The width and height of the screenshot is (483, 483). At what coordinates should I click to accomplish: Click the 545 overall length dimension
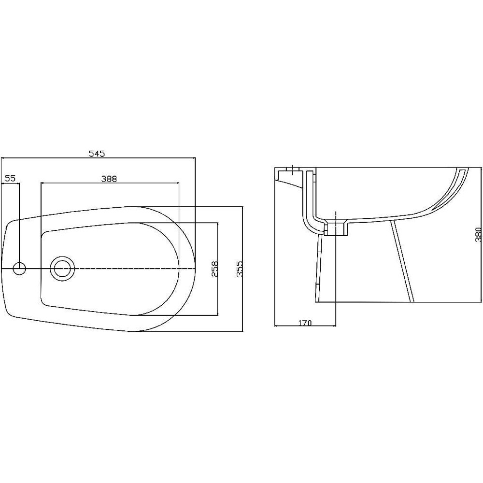tap(97, 154)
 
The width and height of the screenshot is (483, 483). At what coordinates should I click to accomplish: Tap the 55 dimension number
tap(10, 178)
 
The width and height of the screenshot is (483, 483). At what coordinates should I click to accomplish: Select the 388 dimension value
tap(109, 178)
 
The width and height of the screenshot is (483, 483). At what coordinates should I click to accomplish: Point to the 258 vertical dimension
tap(214, 269)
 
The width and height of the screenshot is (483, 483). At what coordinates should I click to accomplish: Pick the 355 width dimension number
tap(238, 269)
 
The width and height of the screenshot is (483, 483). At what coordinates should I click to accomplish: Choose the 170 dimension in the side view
tap(304, 322)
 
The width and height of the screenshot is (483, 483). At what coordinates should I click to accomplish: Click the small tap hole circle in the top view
tap(19, 268)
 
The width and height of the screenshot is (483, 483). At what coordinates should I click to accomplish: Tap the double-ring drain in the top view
tap(62, 268)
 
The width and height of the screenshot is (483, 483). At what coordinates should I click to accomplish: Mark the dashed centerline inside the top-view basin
tap(135, 268)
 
